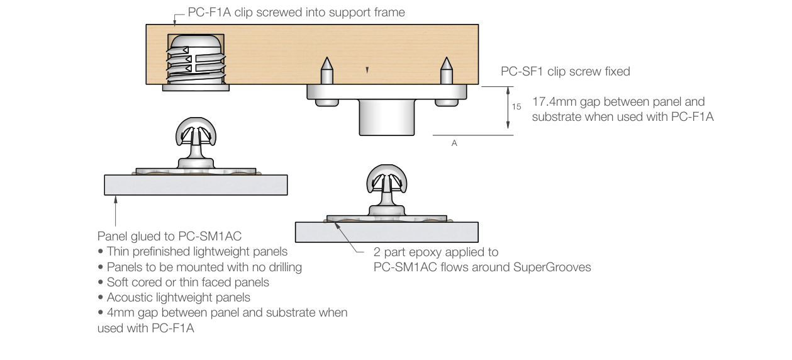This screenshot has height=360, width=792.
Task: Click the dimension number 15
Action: (516, 107)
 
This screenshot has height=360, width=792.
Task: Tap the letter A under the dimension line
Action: (454, 143)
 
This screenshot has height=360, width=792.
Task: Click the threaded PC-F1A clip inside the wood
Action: (196, 60)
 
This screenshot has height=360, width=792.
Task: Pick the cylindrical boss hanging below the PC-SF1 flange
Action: (386, 118)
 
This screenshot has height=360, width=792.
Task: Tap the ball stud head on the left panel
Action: (195, 133)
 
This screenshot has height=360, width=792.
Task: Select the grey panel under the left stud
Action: (195, 184)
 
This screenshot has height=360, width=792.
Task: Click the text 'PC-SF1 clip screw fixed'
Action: (565, 72)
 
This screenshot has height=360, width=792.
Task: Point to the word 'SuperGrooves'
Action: (557, 267)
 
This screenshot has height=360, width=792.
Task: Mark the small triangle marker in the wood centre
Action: (367, 69)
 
